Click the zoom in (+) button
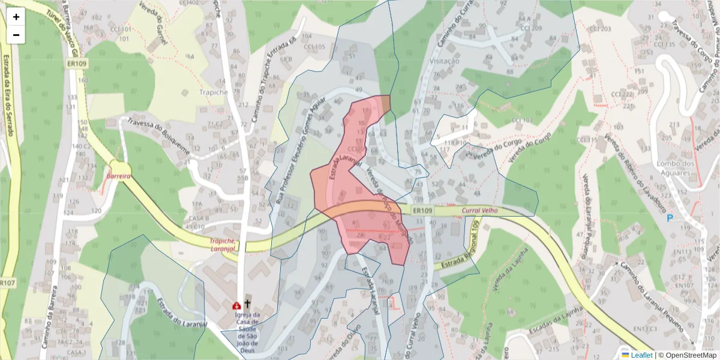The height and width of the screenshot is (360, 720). (16, 17)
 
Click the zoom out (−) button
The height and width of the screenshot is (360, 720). (16, 35)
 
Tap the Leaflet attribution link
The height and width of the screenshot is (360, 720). (641, 355)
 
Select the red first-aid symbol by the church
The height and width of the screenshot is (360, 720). (236, 305)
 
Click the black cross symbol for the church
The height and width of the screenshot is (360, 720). (247, 304)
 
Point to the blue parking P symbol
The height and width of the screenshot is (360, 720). (670, 217)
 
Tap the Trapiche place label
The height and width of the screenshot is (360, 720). (213, 92)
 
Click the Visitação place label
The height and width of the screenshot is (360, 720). (445, 61)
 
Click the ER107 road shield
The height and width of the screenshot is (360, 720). (7, 283)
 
